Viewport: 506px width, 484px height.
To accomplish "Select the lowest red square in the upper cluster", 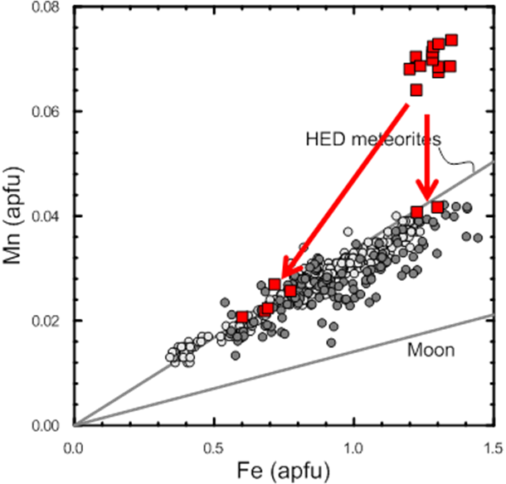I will [x=416, y=90].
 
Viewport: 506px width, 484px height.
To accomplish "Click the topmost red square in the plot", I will [x=452, y=39].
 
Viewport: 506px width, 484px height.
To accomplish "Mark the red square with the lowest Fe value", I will [x=242, y=317].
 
